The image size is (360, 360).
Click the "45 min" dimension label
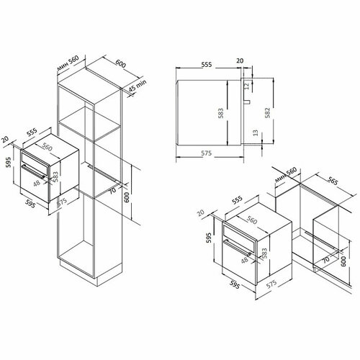click(137, 89)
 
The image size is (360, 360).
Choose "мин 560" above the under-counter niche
click(287, 175)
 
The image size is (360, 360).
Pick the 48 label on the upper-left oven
click(35, 183)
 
